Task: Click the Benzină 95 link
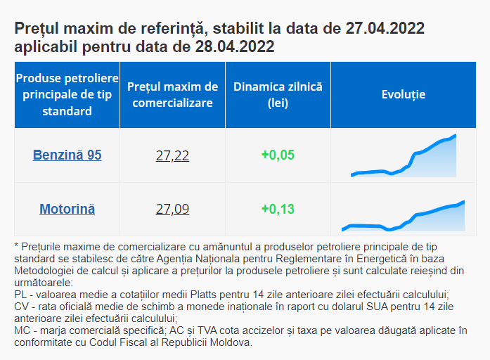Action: coord(67,155)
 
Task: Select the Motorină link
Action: coord(67,209)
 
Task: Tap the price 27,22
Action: coord(172,155)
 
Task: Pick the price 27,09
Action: coord(172,210)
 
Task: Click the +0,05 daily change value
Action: coord(278,155)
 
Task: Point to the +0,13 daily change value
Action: coord(278,209)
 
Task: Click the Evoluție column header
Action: coord(404,95)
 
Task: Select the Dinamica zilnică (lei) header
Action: coord(278,95)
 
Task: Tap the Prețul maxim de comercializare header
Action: coord(173,95)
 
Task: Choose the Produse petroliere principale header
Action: coord(67,94)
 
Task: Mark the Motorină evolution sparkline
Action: coord(404,217)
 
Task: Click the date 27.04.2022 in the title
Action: coord(385,29)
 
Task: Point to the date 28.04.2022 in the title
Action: coord(235,47)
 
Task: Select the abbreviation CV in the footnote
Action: coord(21,307)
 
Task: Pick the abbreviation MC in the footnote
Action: coord(22,330)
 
